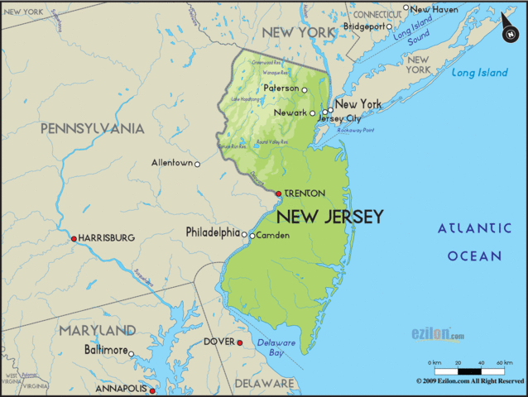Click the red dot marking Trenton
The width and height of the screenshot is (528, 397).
(x=278, y=194)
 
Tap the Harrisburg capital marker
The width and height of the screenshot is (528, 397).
(x=74, y=238)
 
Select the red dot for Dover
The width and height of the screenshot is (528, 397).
(x=239, y=342)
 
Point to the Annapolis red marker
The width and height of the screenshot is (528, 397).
(x=151, y=389)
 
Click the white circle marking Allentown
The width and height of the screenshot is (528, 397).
(x=197, y=164)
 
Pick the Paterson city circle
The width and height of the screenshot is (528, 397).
(x=304, y=89)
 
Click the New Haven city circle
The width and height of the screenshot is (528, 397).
(x=406, y=8)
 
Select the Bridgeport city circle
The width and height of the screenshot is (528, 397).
(x=389, y=26)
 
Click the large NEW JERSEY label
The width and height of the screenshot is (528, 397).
(x=329, y=217)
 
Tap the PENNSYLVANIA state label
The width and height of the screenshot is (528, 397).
(x=92, y=128)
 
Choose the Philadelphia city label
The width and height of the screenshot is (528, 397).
(x=213, y=232)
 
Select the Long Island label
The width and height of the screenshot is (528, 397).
(x=480, y=73)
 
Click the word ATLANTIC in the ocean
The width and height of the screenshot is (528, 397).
(x=475, y=229)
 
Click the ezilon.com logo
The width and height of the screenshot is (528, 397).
(x=438, y=334)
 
